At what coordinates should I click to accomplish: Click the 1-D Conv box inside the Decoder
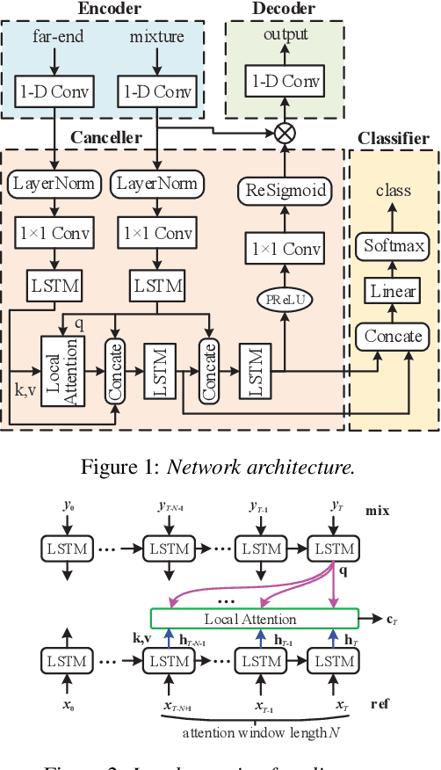coord(285,82)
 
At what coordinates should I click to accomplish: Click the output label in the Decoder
coord(285,35)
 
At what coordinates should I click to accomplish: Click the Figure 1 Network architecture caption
coord(219,467)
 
